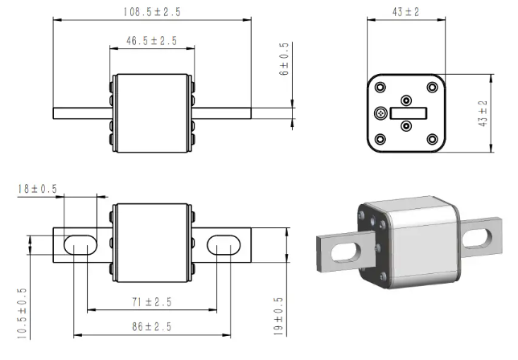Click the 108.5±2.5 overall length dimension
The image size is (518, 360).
coord(152,12)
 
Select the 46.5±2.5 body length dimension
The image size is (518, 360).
coord(152,41)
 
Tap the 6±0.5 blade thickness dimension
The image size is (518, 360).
coord(284,59)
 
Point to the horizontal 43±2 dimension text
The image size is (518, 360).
coord(405,12)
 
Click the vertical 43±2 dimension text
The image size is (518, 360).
coord(483,113)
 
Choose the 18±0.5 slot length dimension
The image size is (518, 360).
coord(37,189)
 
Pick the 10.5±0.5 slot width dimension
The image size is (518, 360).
coord(22,313)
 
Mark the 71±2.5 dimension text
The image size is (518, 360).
coord(152,302)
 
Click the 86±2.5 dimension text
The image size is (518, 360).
coord(152,327)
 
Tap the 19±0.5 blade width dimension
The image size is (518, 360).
coord(278,317)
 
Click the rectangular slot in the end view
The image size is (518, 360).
coord(409,113)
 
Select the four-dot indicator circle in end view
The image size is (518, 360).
coord(380,113)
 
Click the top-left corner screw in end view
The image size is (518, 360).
coord(380,88)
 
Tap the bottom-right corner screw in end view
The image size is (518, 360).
coord(432,139)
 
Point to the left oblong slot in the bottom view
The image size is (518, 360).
coord(80,245)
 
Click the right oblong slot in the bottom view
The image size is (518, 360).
coord(224,245)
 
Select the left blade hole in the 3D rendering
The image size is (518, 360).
coord(344,252)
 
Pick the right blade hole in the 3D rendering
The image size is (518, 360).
coord(477,239)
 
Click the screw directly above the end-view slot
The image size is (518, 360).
coord(406,100)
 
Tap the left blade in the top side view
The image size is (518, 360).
coord(83,113)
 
